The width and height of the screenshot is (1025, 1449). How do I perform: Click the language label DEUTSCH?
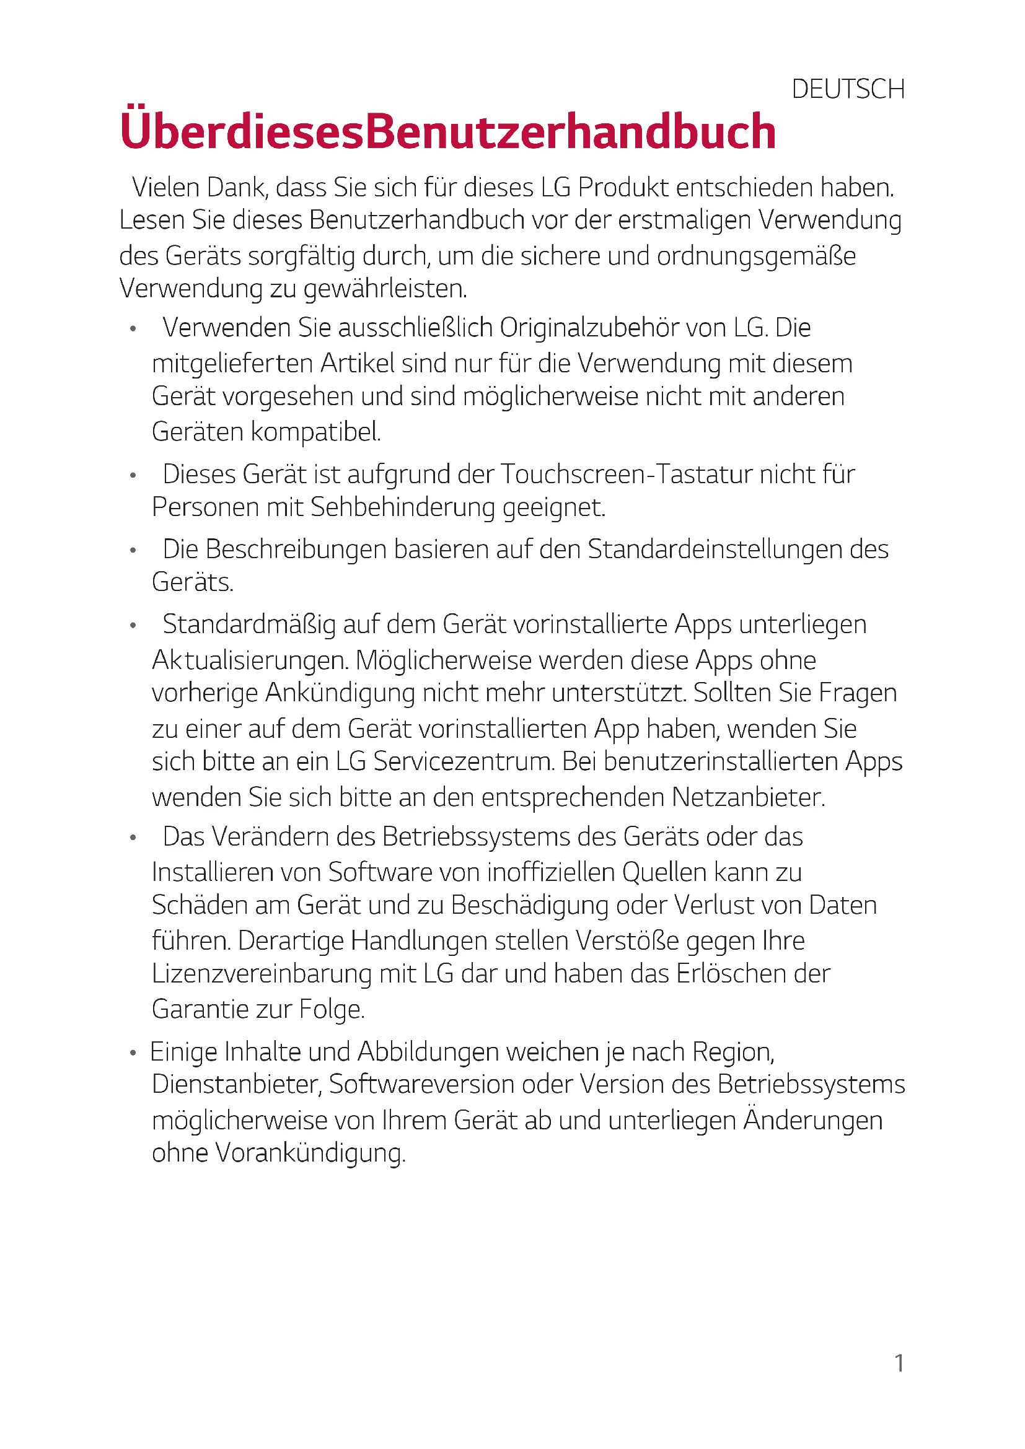[848, 90]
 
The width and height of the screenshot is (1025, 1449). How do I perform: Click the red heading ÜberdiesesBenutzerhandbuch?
[447, 131]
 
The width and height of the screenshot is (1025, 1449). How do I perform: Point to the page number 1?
[899, 1364]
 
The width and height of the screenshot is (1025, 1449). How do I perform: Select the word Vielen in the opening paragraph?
[165, 188]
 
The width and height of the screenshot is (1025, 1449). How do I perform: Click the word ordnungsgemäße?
[756, 256]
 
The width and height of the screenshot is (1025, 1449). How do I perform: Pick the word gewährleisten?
[385, 289]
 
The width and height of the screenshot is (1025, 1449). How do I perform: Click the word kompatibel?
[315, 432]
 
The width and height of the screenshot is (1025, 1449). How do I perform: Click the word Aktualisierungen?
[249, 661]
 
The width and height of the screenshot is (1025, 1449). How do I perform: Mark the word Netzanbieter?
[748, 798]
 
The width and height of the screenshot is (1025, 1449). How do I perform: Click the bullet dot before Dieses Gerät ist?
[133, 476]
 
